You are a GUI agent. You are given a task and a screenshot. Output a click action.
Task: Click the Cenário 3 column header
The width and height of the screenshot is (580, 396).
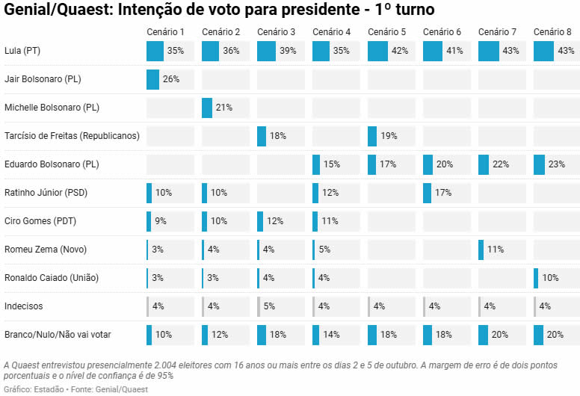click(x=276, y=32)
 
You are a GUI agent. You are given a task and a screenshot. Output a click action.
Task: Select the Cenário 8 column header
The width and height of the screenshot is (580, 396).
click(x=552, y=32)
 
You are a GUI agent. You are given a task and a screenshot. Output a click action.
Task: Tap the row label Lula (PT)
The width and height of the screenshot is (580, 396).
click(x=22, y=51)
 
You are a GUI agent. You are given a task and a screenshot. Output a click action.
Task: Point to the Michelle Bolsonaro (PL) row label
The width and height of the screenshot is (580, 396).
click(x=52, y=108)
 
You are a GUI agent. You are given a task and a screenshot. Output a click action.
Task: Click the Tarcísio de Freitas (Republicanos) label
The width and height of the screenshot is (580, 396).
click(x=72, y=136)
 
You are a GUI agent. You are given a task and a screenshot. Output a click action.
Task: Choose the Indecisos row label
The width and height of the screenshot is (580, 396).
click(x=24, y=306)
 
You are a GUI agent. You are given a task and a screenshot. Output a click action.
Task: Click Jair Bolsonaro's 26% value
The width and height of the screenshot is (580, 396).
click(x=171, y=79)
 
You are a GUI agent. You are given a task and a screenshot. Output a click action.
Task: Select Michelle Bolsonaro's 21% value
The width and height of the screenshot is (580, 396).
click(x=223, y=108)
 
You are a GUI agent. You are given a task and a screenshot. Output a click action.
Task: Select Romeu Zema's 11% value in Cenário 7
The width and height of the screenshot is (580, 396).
click(x=496, y=250)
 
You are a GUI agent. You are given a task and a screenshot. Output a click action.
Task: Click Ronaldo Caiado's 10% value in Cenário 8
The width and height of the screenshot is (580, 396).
click(x=550, y=278)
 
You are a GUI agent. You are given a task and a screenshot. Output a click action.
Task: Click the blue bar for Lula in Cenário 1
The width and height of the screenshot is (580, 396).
click(x=155, y=52)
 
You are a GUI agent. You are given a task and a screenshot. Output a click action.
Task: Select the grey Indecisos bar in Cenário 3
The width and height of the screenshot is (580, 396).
click(x=259, y=306)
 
